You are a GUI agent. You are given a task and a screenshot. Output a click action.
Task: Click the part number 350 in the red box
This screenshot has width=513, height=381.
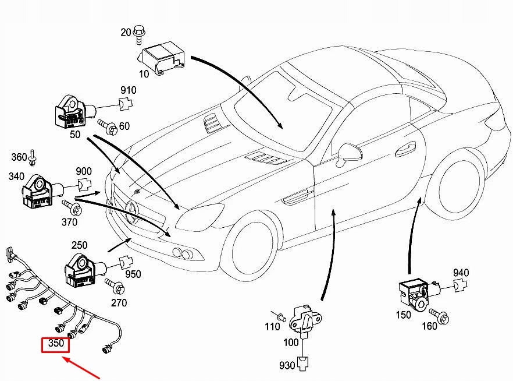click(55, 344)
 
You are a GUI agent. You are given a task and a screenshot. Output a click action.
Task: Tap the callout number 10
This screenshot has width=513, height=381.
click(144, 74)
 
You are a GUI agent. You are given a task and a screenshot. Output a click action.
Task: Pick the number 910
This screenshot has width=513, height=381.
click(128, 90)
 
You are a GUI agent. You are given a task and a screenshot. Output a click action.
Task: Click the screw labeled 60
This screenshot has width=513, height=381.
click(106, 125)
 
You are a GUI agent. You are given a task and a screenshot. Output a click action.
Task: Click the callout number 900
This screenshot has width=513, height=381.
click(84, 171)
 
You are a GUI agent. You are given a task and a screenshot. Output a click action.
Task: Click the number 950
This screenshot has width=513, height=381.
click(133, 274)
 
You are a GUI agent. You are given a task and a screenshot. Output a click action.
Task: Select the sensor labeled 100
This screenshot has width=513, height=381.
click(307, 317)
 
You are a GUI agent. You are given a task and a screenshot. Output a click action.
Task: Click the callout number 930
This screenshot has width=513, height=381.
click(287, 365)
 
